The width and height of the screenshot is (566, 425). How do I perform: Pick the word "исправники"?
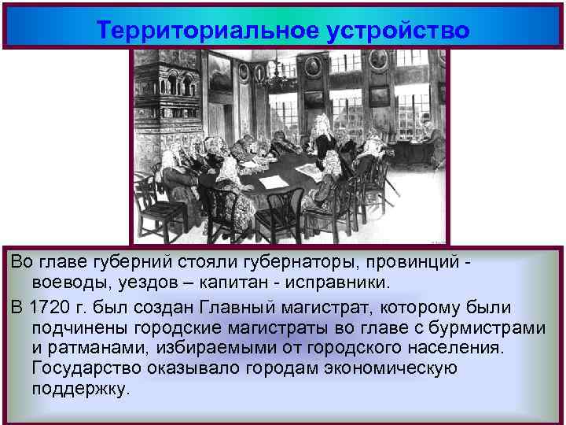click(339, 281)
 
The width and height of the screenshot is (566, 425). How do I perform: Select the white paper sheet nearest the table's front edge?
click(274, 182)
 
